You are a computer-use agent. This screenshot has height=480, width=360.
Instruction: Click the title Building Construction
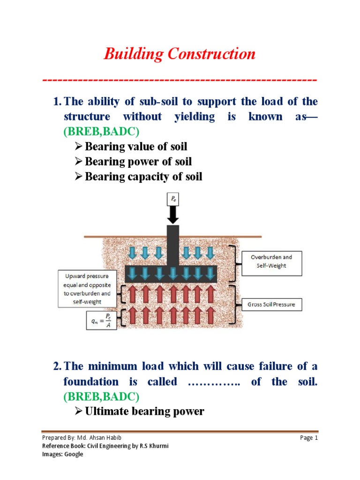(x=180, y=54)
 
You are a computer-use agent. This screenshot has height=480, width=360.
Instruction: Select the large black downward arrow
(x=172, y=216)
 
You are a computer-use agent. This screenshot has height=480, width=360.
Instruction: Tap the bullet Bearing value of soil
(x=136, y=147)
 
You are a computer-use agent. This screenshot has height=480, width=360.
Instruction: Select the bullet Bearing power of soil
(x=138, y=162)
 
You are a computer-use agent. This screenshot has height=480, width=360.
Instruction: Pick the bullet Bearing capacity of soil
(x=143, y=177)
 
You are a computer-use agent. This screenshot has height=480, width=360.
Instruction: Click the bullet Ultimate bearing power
(x=144, y=412)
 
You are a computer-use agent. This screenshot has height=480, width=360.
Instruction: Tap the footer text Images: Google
(x=62, y=454)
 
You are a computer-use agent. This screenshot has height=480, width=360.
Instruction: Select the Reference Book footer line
(x=105, y=446)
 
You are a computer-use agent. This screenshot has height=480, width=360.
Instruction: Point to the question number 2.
(x=57, y=366)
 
